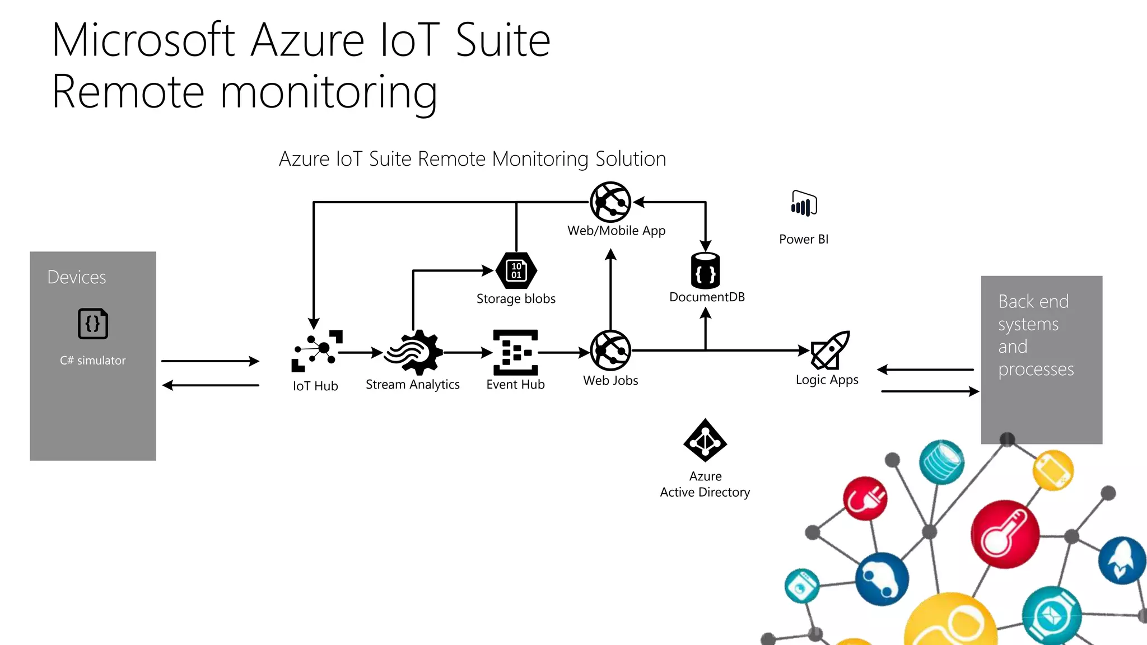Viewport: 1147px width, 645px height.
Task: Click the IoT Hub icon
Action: (x=316, y=350)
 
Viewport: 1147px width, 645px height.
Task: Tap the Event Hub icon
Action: (x=515, y=352)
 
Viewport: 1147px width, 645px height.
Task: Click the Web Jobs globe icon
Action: (x=610, y=350)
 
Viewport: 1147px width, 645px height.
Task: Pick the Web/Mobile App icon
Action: (x=610, y=202)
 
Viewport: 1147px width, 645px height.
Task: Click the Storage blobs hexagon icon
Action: (x=516, y=270)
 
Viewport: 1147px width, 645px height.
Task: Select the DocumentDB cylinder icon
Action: (x=705, y=270)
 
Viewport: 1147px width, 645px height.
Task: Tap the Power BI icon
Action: (x=804, y=204)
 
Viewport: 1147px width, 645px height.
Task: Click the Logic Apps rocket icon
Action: (x=831, y=350)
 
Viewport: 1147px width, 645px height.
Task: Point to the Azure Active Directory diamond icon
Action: (x=705, y=440)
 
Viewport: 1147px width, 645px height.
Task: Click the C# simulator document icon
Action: (x=93, y=324)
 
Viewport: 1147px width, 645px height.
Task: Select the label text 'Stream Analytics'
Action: (x=413, y=385)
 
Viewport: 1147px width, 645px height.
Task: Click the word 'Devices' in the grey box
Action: (x=77, y=277)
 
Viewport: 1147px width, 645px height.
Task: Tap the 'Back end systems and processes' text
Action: (x=1035, y=335)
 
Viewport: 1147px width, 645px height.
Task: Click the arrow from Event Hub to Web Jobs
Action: (x=563, y=352)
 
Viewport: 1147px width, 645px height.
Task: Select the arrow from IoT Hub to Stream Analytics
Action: (x=360, y=353)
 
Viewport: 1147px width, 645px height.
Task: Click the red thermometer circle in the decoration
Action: (x=1005, y=534)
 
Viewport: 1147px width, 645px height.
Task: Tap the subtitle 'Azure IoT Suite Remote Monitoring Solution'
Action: (x=472, y=159)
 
